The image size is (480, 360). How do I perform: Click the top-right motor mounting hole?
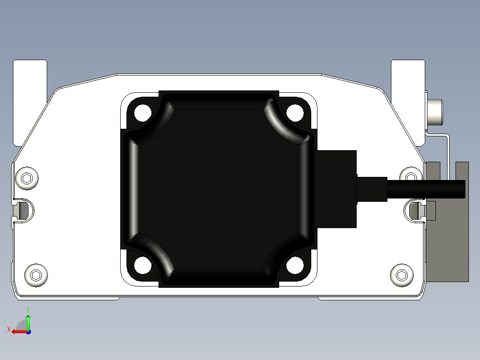tap(295, 113)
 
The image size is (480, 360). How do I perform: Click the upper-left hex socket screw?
tap(27, 179)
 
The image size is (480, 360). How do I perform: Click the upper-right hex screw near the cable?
tap(410, 175)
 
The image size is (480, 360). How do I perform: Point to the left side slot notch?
tap(22, 209)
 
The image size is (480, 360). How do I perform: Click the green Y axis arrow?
tap(28, 320)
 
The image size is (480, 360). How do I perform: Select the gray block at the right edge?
tap(447, 250)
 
